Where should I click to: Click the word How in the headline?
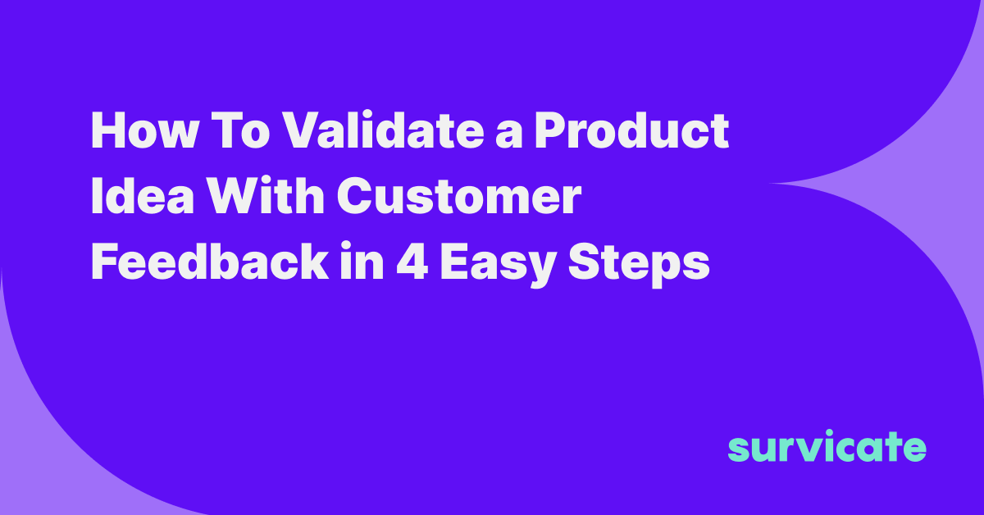point(144,131)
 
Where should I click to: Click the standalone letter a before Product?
point(508,135)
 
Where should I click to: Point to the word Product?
point(631,130)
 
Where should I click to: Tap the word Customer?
point(459,197)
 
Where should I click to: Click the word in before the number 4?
point(362,261)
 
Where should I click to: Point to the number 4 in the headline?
point(412,262)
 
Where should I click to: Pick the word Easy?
point(498,266)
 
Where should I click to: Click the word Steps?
point(639,265)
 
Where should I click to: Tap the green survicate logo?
point(827,446)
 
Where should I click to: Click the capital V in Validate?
point(302,131)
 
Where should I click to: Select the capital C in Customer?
point(356,197)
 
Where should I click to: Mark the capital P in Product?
point(551,131)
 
